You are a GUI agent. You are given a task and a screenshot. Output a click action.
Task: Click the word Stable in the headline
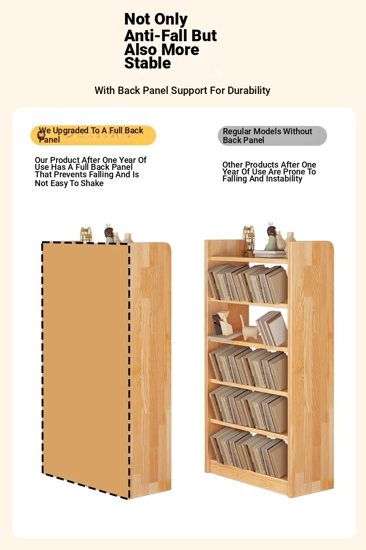(147, 63)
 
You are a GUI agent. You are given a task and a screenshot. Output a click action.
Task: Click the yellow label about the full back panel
(93, 135)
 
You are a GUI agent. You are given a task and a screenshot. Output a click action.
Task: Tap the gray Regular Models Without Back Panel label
(272, 136)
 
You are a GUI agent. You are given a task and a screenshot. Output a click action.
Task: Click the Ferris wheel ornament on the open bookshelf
(248, 241)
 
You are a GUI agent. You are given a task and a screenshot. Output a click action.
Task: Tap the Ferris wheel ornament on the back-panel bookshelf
(86, 235)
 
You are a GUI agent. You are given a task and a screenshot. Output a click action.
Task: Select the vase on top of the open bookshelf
(290, 239)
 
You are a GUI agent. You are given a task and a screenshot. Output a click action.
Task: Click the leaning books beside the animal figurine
(272, 329)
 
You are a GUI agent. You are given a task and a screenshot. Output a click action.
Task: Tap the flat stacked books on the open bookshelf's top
(270, 254)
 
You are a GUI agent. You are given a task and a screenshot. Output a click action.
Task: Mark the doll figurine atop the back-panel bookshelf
(110, 233)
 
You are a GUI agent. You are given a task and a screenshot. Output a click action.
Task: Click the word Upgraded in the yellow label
(70, 131)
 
